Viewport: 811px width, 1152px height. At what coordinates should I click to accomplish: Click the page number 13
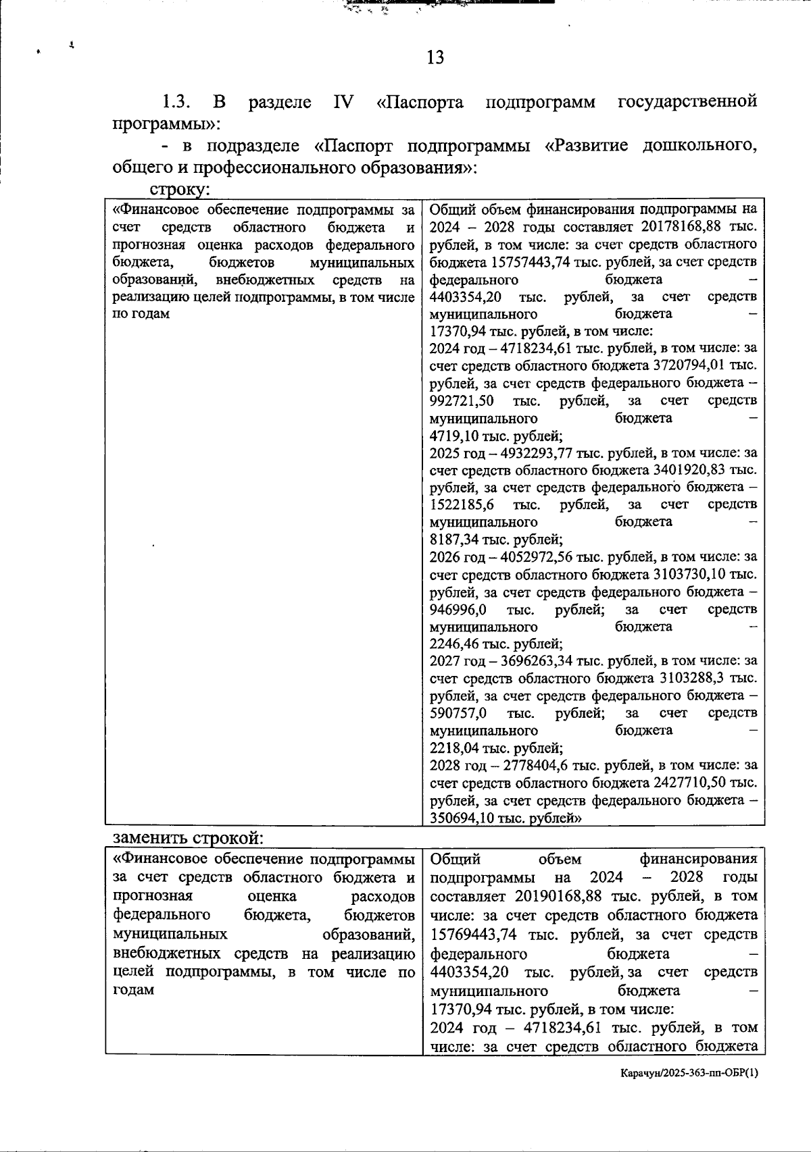(x=436, y=57)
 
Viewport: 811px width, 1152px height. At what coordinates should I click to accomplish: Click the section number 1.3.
(x=177, y=102)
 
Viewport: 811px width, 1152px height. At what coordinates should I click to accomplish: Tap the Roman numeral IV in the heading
(x=343, y=102)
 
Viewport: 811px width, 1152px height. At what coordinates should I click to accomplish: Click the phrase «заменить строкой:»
(x=188, y=838)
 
